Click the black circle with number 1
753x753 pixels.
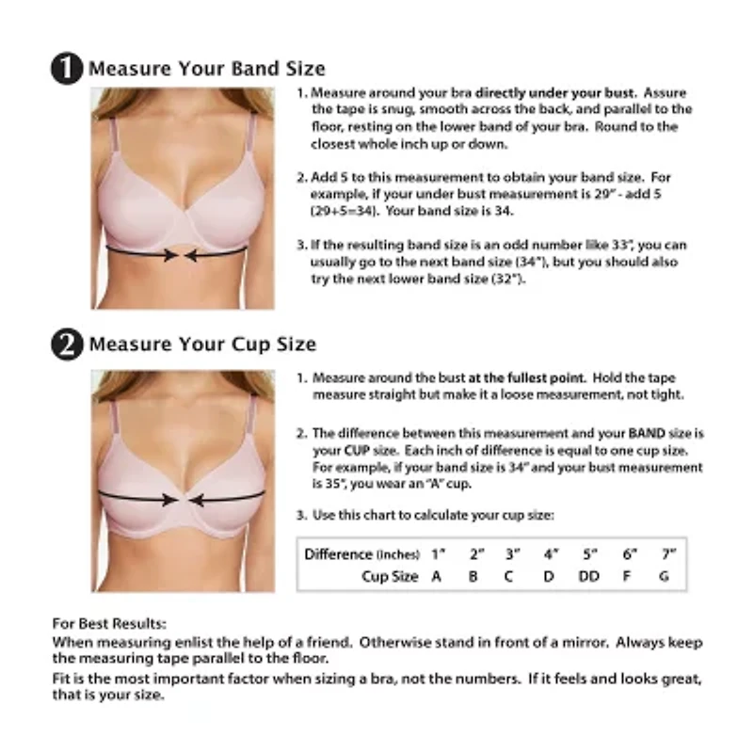tap(67, 69)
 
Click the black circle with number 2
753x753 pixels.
tap(67, 344)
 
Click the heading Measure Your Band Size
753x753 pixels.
tap(206, 69)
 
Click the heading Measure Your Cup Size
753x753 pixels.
tap(202, 344)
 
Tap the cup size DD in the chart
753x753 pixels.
tap(588, 576)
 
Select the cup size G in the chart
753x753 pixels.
tap(665, 576)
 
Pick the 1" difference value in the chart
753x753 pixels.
tap(437, 553)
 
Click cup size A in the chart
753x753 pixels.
tap(436, 576)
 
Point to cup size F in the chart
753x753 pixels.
tap(628, 576)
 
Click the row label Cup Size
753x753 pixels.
tap(390, 576)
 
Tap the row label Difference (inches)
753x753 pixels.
tap(361, 553)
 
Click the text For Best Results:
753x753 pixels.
tap(109, 623)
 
